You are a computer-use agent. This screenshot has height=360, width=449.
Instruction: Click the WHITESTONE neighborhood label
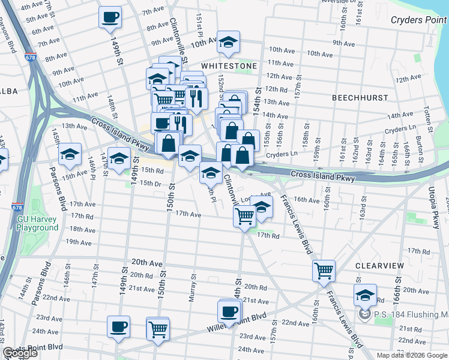pos(229,65)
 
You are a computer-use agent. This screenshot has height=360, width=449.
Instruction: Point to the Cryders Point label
pos(415,20)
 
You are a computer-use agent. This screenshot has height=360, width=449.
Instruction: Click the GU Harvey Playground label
pos(37,223)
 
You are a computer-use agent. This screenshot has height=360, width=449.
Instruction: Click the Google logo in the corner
pos(20,353)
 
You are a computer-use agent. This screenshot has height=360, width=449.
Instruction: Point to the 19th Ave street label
pos(78,242)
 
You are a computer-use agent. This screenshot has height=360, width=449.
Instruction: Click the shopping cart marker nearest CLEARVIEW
pos(324,271)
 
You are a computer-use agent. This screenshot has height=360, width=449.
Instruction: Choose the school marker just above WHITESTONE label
pos(228,42)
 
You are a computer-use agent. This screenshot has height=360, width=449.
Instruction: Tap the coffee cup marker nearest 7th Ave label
pos(110,17)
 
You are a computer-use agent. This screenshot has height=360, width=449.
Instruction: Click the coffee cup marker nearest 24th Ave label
pos(118,327)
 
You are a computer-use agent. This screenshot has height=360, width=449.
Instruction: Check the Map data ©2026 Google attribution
pos(411,355)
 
